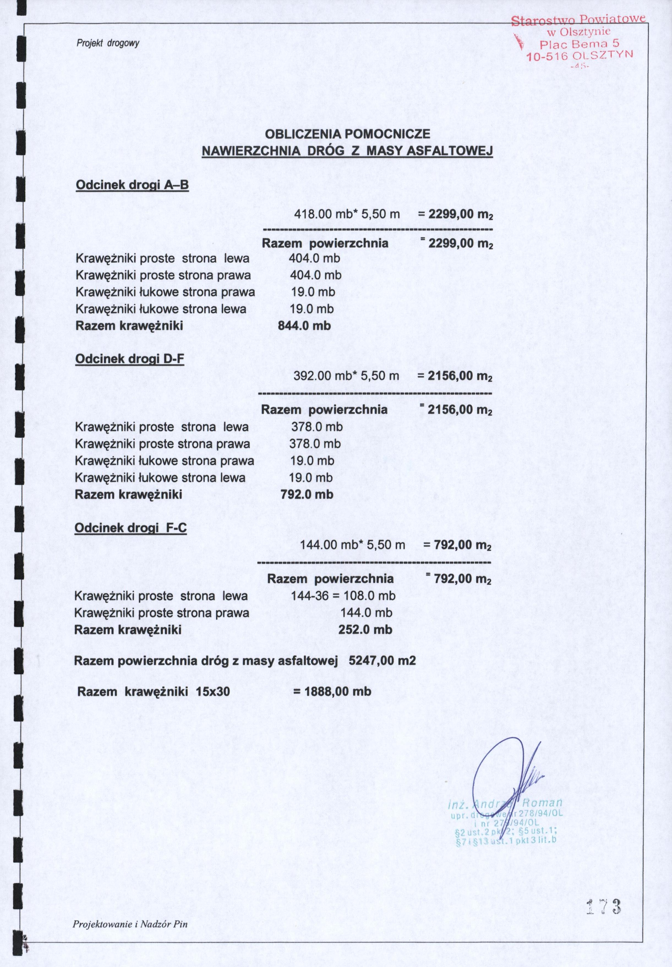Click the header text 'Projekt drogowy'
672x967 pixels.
click(x=108, y=43)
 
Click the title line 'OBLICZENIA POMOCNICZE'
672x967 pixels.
click(x=348, y=134)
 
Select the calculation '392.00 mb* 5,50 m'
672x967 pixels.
click(x=346, y=376)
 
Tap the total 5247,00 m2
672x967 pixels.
click(x=382, y=660)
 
